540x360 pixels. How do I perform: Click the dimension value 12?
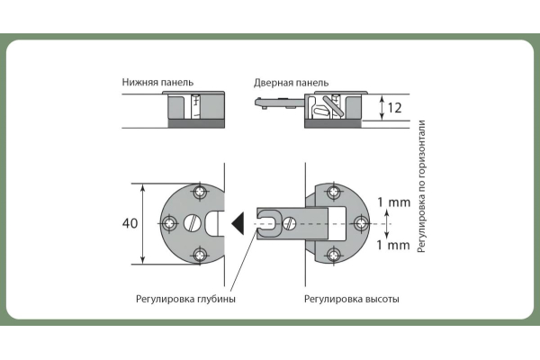pos(393,108)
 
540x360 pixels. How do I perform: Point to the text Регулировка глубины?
pos(185,299)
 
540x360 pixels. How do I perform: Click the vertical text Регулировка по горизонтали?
pos(422,186)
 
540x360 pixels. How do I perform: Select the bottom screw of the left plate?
pos(198,253)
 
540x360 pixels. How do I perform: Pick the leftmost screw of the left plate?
pos(168,222)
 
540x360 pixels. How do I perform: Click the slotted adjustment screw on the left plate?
pos(192,222)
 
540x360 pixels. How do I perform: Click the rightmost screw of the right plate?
pos(363,222)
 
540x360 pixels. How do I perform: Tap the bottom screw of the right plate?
pos(334,253)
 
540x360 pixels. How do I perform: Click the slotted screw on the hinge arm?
pos(290,221)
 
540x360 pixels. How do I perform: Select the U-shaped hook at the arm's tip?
pos(265,222)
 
